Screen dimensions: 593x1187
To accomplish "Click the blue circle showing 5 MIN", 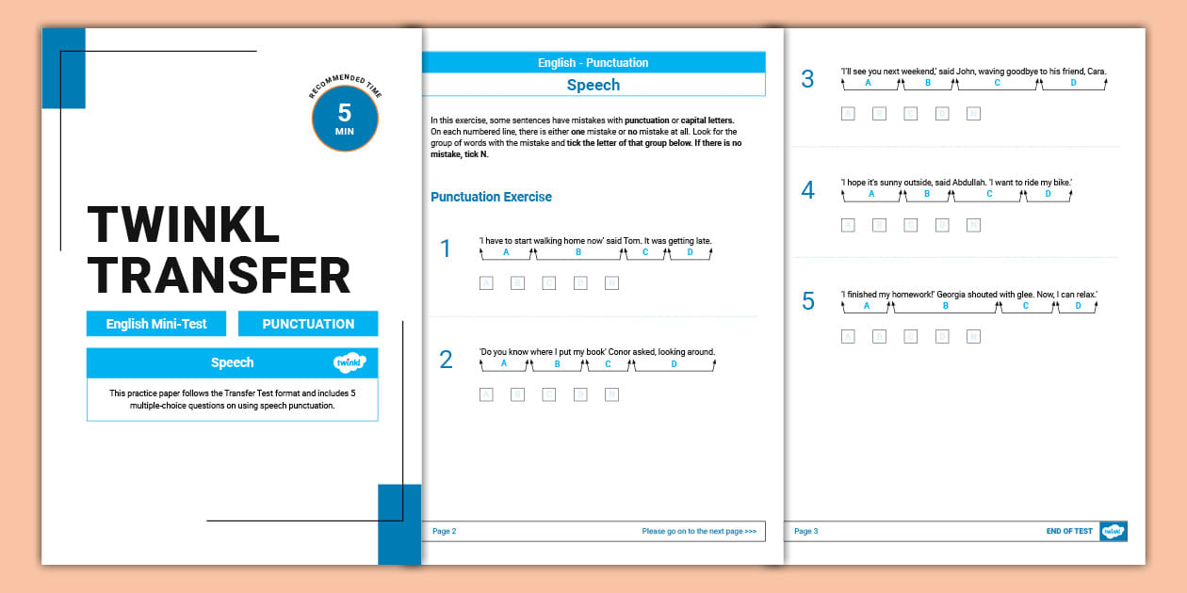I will pos(345,118).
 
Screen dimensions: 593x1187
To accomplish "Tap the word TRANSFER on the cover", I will pos(219,276).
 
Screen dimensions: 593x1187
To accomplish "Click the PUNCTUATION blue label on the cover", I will pos(308,324).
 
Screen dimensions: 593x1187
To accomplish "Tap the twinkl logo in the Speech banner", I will pos(350,362).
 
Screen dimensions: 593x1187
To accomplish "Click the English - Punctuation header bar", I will pos(593,63).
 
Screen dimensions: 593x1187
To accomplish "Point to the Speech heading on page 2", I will pos(593,85).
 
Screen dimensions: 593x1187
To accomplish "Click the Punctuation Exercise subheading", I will pos(491,197).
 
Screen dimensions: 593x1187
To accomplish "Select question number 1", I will pos(446,248).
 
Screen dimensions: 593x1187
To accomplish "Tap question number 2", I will pos(446,359).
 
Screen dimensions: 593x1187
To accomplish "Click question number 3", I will pos(807,79).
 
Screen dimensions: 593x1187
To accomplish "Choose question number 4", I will pos(807,190).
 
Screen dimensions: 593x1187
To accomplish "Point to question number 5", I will pos(807,301).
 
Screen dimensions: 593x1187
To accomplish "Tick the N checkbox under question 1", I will pos(611,282).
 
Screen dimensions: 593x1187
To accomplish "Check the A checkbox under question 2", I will pos(486,394).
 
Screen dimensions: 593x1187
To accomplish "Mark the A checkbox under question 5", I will pos(848,336).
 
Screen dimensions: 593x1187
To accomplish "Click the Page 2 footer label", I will pos(444,531).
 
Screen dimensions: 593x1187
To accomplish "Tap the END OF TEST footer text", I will pos(1069,531).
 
